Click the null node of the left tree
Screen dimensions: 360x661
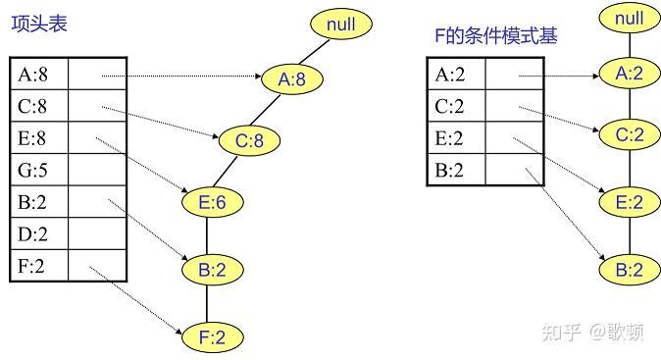tap(341, 23)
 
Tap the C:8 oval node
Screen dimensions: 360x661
tap(249, 141)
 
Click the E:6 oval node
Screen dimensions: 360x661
tap(213, 201)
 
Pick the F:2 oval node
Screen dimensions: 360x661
tap(213, 337)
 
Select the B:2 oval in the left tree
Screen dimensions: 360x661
tap(213, 269)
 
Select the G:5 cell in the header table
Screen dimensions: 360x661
tap(40, 171)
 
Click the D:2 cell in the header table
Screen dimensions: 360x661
tap(40, 234)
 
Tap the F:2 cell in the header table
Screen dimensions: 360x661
tap(40, 266)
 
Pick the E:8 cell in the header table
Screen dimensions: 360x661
tap(40, 138)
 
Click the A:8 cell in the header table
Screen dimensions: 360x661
tap(40, 75)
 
